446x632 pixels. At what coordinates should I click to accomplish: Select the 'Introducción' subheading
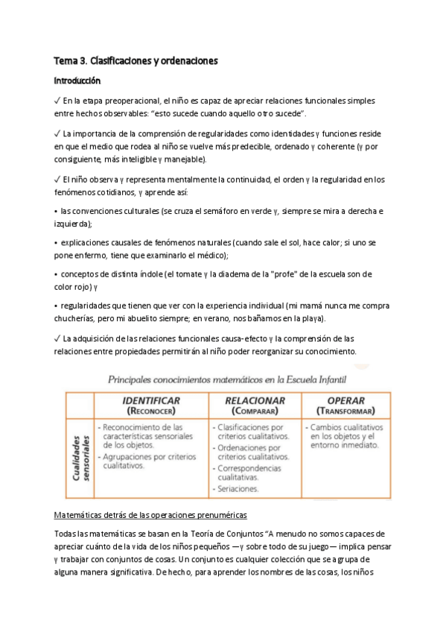coord(77,80)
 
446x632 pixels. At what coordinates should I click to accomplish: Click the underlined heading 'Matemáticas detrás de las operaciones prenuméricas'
coord(151,515)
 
